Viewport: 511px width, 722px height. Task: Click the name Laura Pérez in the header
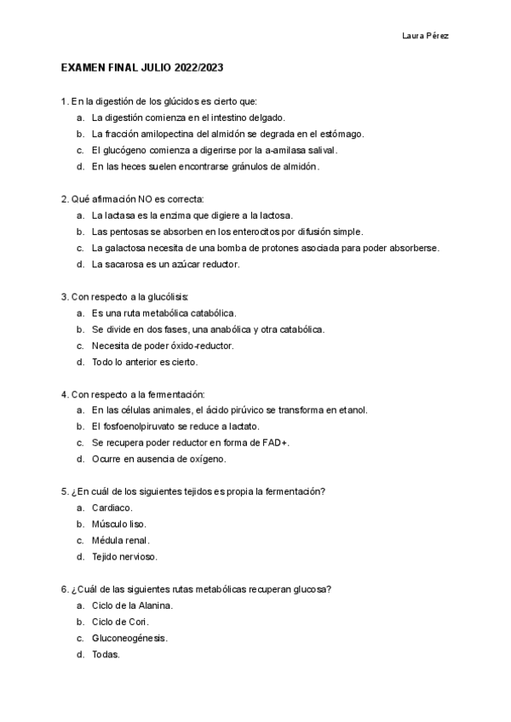[425, 36]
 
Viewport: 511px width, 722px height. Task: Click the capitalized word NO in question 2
[134, 198]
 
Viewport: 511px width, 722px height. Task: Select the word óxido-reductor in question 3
[204, 346]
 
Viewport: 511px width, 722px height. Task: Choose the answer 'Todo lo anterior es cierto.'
[145, 362]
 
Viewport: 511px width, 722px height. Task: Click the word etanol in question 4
[353, 410]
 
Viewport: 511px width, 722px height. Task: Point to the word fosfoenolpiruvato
[137, 427]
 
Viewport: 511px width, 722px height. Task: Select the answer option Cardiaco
[112, 507]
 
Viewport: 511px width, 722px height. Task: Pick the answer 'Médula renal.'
[121, 541]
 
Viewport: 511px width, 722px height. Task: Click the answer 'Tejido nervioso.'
[124, 557]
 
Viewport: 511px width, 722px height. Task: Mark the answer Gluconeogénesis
[129, 638]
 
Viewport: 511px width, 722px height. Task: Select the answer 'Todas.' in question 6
[106, 654]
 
